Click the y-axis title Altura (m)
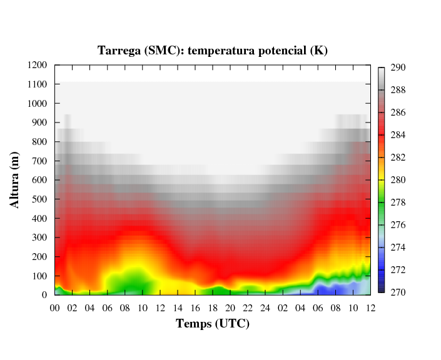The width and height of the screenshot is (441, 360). click(x=15, y=180)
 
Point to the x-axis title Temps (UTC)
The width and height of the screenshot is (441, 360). click(x=213, y=324)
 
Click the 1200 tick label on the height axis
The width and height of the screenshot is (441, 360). click(x=38, y=65)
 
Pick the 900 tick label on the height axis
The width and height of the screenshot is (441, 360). click(x=40, y=122)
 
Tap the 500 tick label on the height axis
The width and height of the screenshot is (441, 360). click(x=40, y=199)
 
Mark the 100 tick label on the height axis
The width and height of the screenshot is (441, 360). click(x=40, y=276)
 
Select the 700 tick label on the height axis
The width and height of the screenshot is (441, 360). click(x=40, y=161)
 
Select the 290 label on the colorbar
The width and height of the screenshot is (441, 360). click(x=398, y=67)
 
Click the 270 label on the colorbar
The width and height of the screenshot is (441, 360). click(x=398, y=292)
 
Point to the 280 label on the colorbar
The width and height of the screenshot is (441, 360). click(x=398, y=180)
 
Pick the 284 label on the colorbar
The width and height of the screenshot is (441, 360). click(x=398, y=135)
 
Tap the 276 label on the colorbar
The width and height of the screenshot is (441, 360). click(x=398, y=225)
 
